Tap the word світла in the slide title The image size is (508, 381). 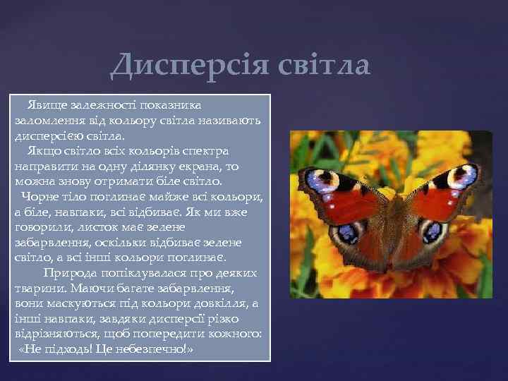[x=322, y=66]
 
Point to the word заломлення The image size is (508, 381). [x=47, y=121]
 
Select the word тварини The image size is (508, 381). [x=37, y=288]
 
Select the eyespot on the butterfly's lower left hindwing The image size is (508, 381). [x=349, y=233]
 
